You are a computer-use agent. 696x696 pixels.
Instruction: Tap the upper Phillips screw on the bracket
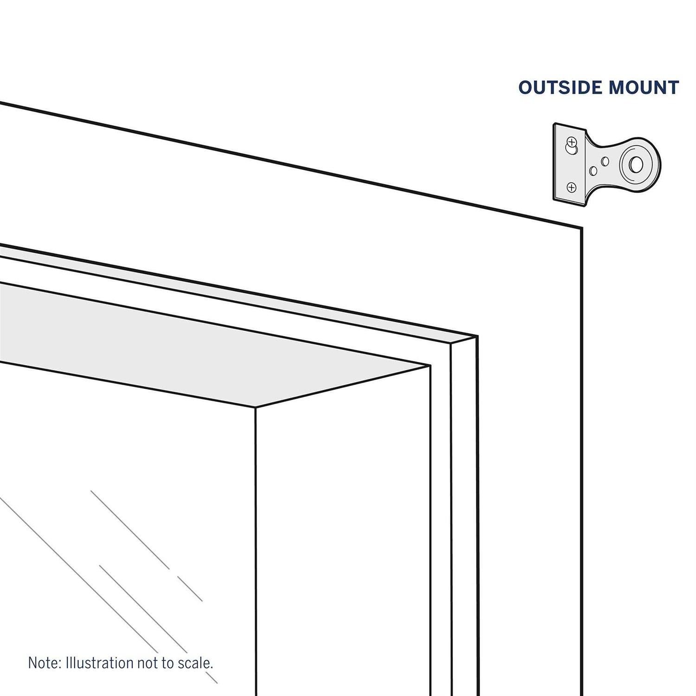[x=572, y=141]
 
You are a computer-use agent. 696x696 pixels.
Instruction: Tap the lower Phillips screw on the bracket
[x=572, y=187]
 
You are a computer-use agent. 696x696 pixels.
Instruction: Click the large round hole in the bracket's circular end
[x=636, y=164]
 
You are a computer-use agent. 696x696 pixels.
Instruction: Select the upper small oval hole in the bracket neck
[x=605, y=161]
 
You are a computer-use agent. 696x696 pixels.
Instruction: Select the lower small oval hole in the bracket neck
[x=593, y=171]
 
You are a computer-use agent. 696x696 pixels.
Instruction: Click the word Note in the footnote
[x=45, y=662]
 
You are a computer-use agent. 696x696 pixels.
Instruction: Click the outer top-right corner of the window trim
[x=582, y=228]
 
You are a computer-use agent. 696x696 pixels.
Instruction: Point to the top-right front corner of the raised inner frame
[x=451, y=344]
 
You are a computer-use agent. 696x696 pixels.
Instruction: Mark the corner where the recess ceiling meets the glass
[x=256, y=407]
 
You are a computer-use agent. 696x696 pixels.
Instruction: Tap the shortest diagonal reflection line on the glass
[x=190, y=589]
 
